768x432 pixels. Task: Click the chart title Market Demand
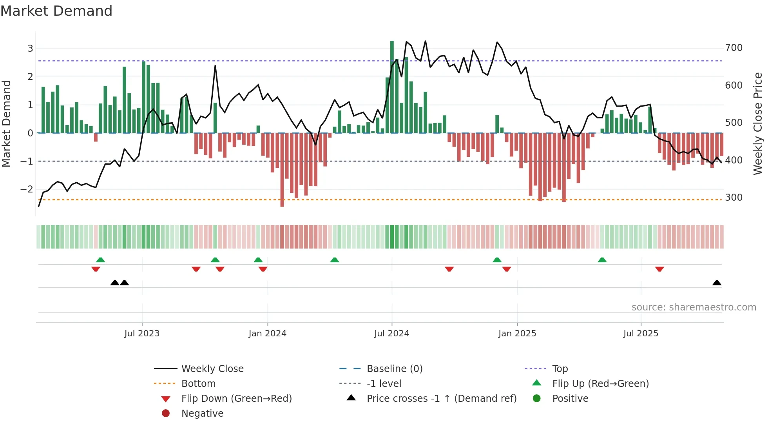click(56, 11)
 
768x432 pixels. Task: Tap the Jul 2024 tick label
click(391, 334)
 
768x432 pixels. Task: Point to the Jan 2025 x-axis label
click(517, 334)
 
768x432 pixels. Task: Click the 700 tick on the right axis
click(734, 48)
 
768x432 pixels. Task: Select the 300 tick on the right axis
click(734, 198)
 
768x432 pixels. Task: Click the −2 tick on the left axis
click(27, 189)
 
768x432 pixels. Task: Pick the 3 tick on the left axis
click(30, 49)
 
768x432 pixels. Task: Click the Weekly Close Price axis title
click(758, 123)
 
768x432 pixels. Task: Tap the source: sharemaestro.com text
click(694, 307)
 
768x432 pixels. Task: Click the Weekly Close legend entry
click(212, 369)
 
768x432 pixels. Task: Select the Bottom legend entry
click(198, 384)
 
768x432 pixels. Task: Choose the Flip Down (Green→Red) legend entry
click(236, 399)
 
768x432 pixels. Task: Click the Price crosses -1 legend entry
click(441, 399)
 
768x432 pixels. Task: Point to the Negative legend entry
click(202, 414)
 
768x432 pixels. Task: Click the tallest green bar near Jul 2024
click(392, 86)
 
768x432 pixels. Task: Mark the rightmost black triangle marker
click(717, 283)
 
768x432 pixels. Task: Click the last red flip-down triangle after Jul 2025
click(659, 269)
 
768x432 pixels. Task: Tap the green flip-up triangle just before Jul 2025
click(602, 260)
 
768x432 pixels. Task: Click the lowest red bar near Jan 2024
click(282, 171)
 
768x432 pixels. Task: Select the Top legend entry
click(560, 369)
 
